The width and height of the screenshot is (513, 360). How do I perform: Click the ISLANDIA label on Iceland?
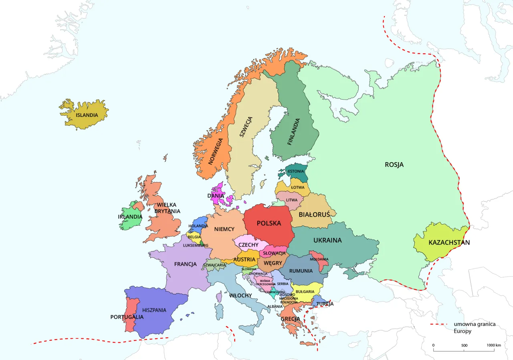click(87, 115)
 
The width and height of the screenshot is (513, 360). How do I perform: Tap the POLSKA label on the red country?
click(269, 223)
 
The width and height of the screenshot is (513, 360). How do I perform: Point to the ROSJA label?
click(394, 165)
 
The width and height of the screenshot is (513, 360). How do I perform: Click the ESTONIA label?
click(296, 171)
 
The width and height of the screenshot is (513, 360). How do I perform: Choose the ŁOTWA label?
click(298, 187)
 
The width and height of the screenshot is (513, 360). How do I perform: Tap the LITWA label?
click(292, 200)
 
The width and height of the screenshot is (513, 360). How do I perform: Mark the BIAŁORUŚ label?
click(314, 214)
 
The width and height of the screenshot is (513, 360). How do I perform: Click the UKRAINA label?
click(327, 240)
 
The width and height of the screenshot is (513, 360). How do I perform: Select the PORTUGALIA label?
click(127, 317)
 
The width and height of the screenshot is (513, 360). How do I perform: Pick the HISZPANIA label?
click(154, 310)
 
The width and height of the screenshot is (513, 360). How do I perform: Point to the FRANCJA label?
click(185, 264)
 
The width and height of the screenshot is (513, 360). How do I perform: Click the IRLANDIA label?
click(130, 217)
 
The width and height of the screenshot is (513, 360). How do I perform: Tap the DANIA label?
click(216, 196)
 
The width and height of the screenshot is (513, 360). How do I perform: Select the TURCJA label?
click(325, 304)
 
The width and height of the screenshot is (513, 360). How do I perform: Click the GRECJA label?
click(290, 319)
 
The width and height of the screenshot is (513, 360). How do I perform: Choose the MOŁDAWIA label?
click(319, 259)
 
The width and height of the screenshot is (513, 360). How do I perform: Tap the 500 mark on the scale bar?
click(464, 345)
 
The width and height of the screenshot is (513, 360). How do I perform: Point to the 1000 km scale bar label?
click(494, 345)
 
